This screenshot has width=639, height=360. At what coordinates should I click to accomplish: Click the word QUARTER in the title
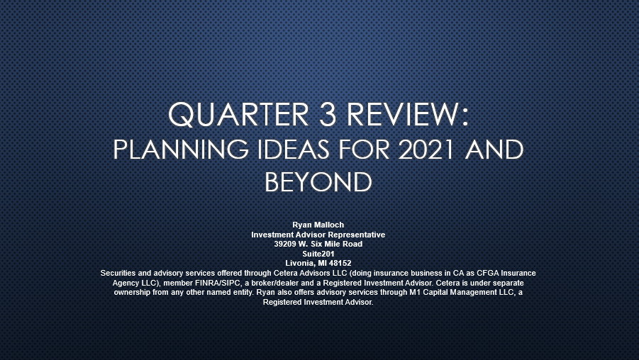click(238, 114)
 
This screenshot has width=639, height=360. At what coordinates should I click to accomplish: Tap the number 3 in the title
click(328, 114)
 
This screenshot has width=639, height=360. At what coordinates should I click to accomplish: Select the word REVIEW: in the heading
click(408, 114)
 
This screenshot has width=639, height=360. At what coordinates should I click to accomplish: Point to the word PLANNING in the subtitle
click(181, 150)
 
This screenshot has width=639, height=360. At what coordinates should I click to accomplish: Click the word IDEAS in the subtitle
click(293, 150)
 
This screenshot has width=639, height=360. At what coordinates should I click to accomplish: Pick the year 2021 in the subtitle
click(426, 150)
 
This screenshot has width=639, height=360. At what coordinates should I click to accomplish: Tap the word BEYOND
click(318, 182)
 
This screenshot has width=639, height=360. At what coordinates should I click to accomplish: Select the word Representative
click(357, 235)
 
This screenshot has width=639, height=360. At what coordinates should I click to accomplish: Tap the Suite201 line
click(318, 254)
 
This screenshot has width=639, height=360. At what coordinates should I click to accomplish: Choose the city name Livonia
click(300, 263)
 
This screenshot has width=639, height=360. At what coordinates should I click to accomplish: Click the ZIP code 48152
click(340, 263)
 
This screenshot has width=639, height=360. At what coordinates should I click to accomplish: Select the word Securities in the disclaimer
click(118, 273)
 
